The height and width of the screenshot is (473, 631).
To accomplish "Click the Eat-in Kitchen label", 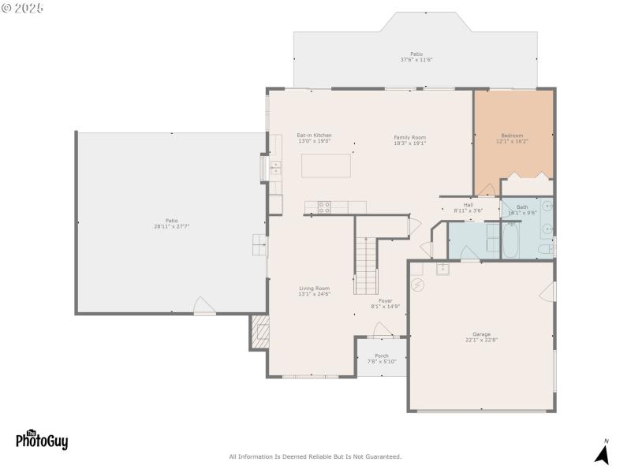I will click(x=314, y=136).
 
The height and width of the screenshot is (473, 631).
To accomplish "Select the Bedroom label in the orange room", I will click(x=512, y=136).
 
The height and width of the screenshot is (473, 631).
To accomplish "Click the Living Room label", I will click(x=314, y=289).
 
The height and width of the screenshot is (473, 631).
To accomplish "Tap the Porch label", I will click(x=381, y=356).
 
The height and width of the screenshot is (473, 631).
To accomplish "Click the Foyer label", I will click(x=385, y=300).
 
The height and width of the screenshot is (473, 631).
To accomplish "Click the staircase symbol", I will click(x=366, y=265).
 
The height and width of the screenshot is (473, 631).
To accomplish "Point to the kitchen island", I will click(x=327, y=166).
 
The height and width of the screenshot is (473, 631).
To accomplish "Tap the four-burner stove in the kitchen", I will click(x=324, y=207).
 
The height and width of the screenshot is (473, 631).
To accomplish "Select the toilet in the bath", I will click(x=543, y=250).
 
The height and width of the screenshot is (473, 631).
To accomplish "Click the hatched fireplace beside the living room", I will click(x=259, y=332).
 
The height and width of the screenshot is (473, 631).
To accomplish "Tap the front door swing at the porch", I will click(x=383, y=330).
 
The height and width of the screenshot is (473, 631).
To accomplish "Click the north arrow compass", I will click(x=603, y=453).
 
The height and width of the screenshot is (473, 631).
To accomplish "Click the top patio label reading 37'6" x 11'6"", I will click(x=416, y=57).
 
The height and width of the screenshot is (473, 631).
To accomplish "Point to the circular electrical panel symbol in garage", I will click(x=419, y=284).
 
